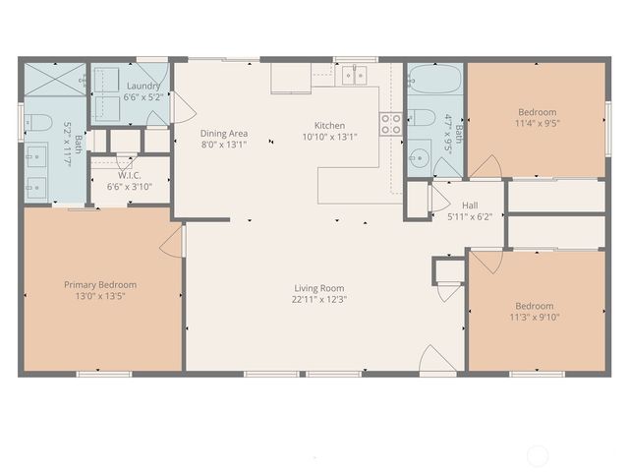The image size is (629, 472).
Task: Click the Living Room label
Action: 319,288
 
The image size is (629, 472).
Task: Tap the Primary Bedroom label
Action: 100,284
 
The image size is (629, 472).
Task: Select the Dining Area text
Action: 224,133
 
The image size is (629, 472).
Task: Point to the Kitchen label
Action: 329,125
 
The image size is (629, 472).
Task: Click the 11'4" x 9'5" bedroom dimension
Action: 537,125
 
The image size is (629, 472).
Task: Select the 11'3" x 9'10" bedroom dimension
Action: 537,318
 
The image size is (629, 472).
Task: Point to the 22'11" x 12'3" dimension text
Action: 319,300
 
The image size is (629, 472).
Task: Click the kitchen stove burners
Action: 391,123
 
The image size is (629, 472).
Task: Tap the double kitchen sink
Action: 355,74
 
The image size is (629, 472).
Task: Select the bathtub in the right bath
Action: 433,79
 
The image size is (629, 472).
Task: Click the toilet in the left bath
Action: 37,123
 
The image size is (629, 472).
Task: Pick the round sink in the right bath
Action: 419,158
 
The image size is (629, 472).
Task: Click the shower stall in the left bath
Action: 54,79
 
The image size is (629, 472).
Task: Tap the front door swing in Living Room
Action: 436,360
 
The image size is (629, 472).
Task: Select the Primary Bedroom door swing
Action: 172,242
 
